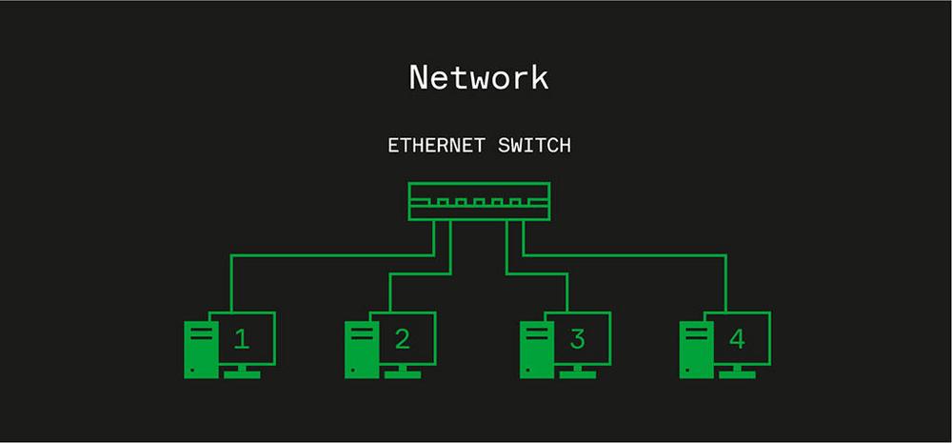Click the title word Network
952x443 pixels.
click(x=479, y=77)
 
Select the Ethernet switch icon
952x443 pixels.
click(x=479, y=202)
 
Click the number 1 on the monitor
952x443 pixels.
click(x=242, y=338)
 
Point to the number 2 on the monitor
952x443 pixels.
click(x=402, y=338)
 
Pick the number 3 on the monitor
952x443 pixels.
click(x=577, y=338)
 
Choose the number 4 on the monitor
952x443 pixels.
click(x=737, y=338)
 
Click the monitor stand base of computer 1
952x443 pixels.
click(x=242, y=374)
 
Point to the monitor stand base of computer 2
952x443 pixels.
click(x=402, y=374)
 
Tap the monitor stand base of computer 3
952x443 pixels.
click(x=577, y=374)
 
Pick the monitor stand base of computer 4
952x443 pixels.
click(x=737, y=374)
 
